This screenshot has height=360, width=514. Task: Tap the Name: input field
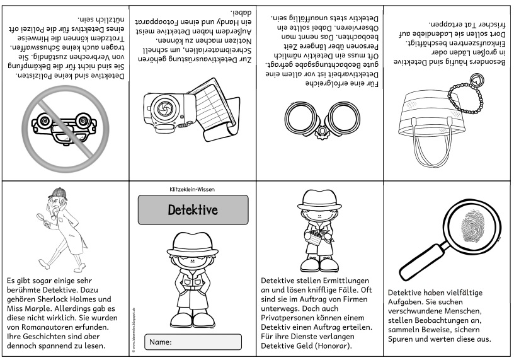click(x=193, y=342)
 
